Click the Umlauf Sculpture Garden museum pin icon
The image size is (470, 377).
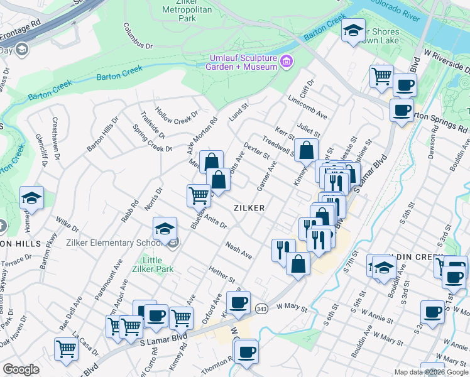coord(287,61)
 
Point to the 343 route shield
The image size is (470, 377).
coord(262,308)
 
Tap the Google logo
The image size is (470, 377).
coord(21,369)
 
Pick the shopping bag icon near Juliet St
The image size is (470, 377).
coord(306,151)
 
